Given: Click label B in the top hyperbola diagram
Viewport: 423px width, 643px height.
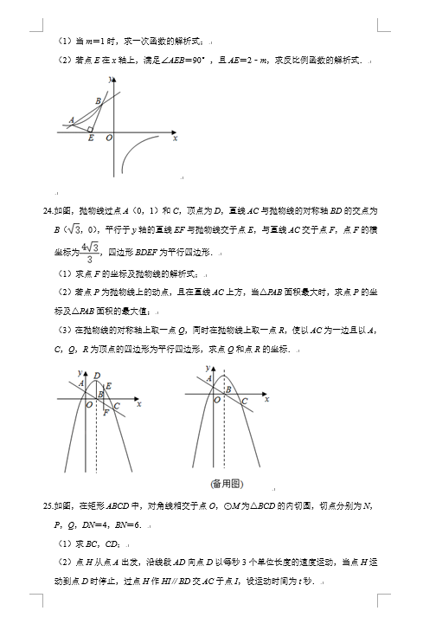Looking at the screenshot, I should (99, 101).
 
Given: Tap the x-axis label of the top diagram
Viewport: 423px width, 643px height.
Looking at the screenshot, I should (175, 138).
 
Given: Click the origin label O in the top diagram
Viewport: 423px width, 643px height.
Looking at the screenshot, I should (109, 138).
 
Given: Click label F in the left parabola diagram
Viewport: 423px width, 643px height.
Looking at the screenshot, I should (106, 413).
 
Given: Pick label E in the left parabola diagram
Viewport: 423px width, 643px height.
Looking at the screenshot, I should (108, 385).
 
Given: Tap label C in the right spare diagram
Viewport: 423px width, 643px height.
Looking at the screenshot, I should (244, 402).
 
